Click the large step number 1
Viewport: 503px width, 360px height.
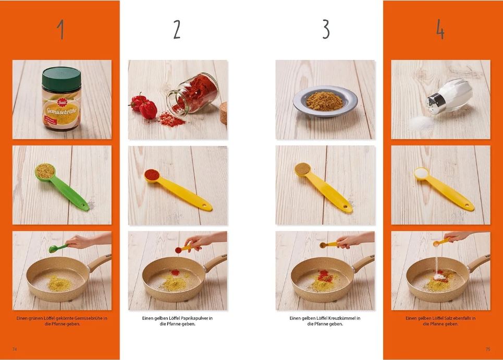(60, 30)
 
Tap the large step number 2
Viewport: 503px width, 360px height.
(177, 30)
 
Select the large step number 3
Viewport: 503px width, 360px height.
(326, 30)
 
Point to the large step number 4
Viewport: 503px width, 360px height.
(440, 30)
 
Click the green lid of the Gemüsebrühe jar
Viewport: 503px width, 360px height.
(62, 79)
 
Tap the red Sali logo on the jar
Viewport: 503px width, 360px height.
(62, 102)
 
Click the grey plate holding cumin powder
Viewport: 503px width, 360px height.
(325, 101)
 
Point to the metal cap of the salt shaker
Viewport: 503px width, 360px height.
(434, 103)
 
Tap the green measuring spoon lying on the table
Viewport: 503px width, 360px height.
(62, 187)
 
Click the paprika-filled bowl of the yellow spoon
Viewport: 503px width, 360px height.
(152, 175)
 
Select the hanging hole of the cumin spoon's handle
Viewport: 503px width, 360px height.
(346, 207)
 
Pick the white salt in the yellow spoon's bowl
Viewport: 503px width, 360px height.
(421, 173)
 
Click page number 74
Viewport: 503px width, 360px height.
(15, 349)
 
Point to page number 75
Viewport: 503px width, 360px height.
(488, 349)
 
